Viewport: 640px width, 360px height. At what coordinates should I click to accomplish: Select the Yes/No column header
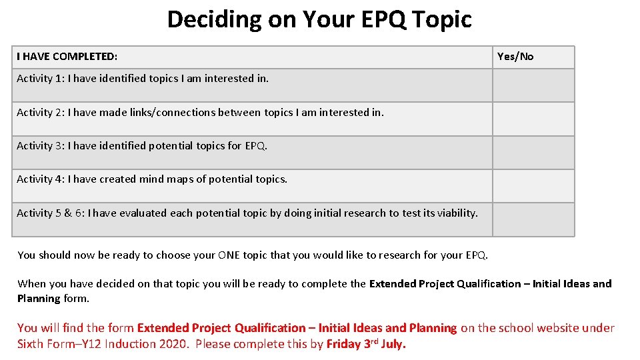[515, 57]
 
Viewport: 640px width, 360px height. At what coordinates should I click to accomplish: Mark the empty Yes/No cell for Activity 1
[533, 85]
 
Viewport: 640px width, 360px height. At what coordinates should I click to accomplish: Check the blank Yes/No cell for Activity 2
[533, 119]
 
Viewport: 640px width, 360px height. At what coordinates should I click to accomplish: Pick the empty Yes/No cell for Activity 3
[533, 153]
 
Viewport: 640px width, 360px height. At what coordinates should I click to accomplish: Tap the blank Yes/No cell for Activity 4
[533, 186]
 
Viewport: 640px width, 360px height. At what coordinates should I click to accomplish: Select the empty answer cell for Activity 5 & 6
[533, 219]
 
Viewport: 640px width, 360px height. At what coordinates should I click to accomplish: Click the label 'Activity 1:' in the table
[41, 79]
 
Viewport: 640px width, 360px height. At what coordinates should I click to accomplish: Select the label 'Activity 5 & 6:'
[51, 213]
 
